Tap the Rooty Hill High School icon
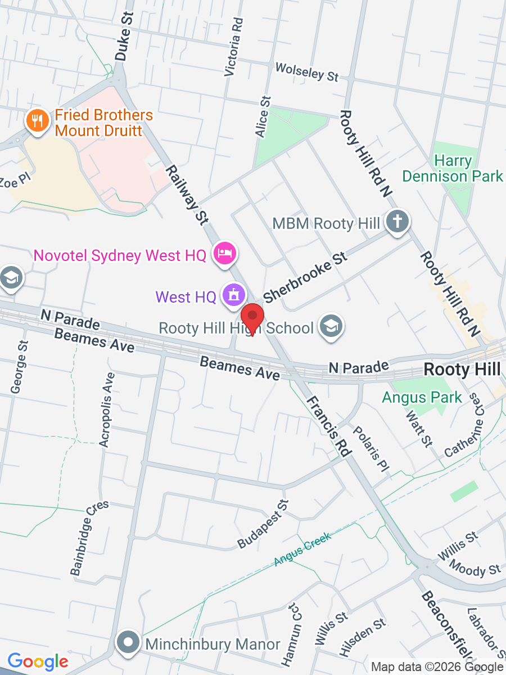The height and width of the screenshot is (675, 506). pos(331,326)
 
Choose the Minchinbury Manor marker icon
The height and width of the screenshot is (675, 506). pos(129,642)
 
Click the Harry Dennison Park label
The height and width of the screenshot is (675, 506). pos(452,169)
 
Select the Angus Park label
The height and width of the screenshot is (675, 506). pos(422,398)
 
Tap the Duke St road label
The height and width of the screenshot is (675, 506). pos(123,38)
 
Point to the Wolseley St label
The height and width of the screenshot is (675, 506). pos(307,72)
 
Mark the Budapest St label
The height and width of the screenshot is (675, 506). pos(263,525)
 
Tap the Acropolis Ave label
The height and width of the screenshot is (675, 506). pos(107,409)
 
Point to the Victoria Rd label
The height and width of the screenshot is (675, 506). pos(233,47)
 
